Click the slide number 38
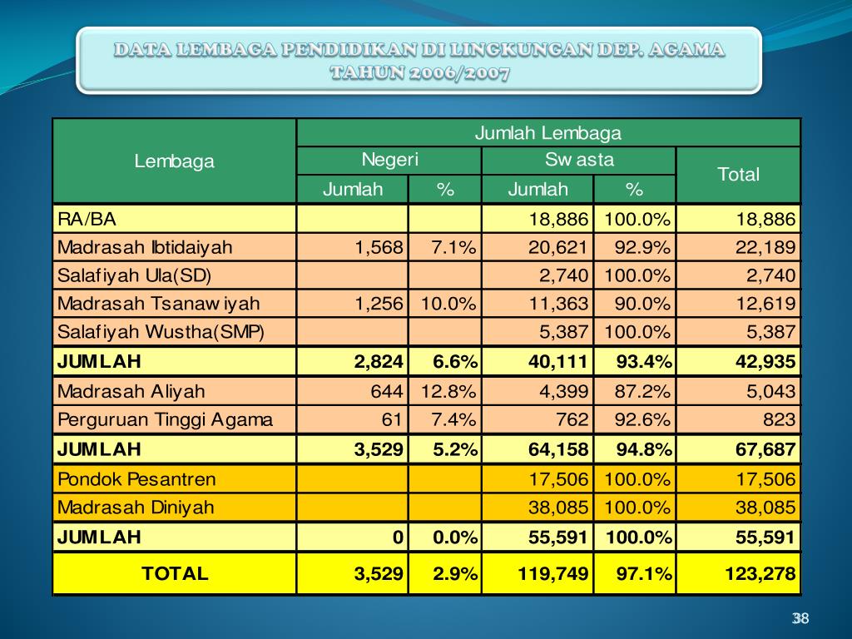800,618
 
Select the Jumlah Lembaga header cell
548,133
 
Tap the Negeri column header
389,161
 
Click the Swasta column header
579,161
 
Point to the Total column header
739,175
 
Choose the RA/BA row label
87,220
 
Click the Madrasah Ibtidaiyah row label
145,247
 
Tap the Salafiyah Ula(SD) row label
135,275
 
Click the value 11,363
558,304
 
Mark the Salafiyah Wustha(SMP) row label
161,333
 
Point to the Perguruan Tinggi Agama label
165,419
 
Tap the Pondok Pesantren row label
136,479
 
